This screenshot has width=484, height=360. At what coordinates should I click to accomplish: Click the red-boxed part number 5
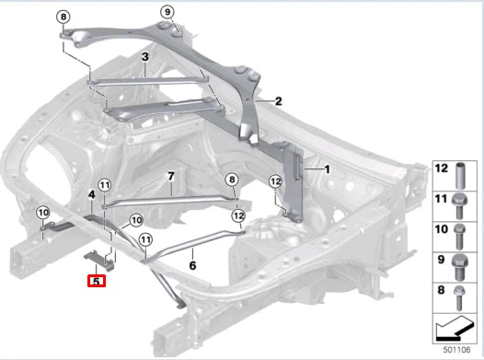(x=97, y=281)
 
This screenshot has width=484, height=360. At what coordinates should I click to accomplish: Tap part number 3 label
(x=145, y=57)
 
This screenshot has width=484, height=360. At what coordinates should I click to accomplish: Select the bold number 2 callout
(x=279, y=101)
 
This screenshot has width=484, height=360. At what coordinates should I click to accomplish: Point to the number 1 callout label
(x=328, y=169)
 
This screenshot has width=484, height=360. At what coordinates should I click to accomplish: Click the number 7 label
(x=171, y=177)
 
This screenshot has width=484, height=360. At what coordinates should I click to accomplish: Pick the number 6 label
(x=192, y=265)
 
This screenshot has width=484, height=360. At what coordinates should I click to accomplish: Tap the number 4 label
(x=92, y=195)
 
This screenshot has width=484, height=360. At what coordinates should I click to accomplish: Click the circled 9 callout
(x=167, y=12)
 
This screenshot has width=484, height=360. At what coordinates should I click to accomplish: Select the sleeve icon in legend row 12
(x=461, y=175)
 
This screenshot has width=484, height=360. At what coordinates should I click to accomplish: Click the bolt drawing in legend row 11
(x=459, y=206)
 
